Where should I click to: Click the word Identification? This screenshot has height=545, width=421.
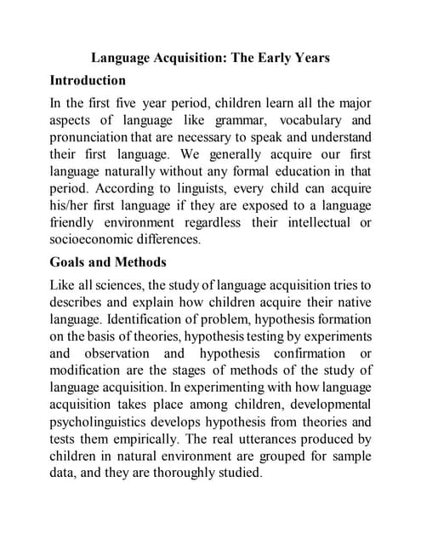click(x=155, y=318)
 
